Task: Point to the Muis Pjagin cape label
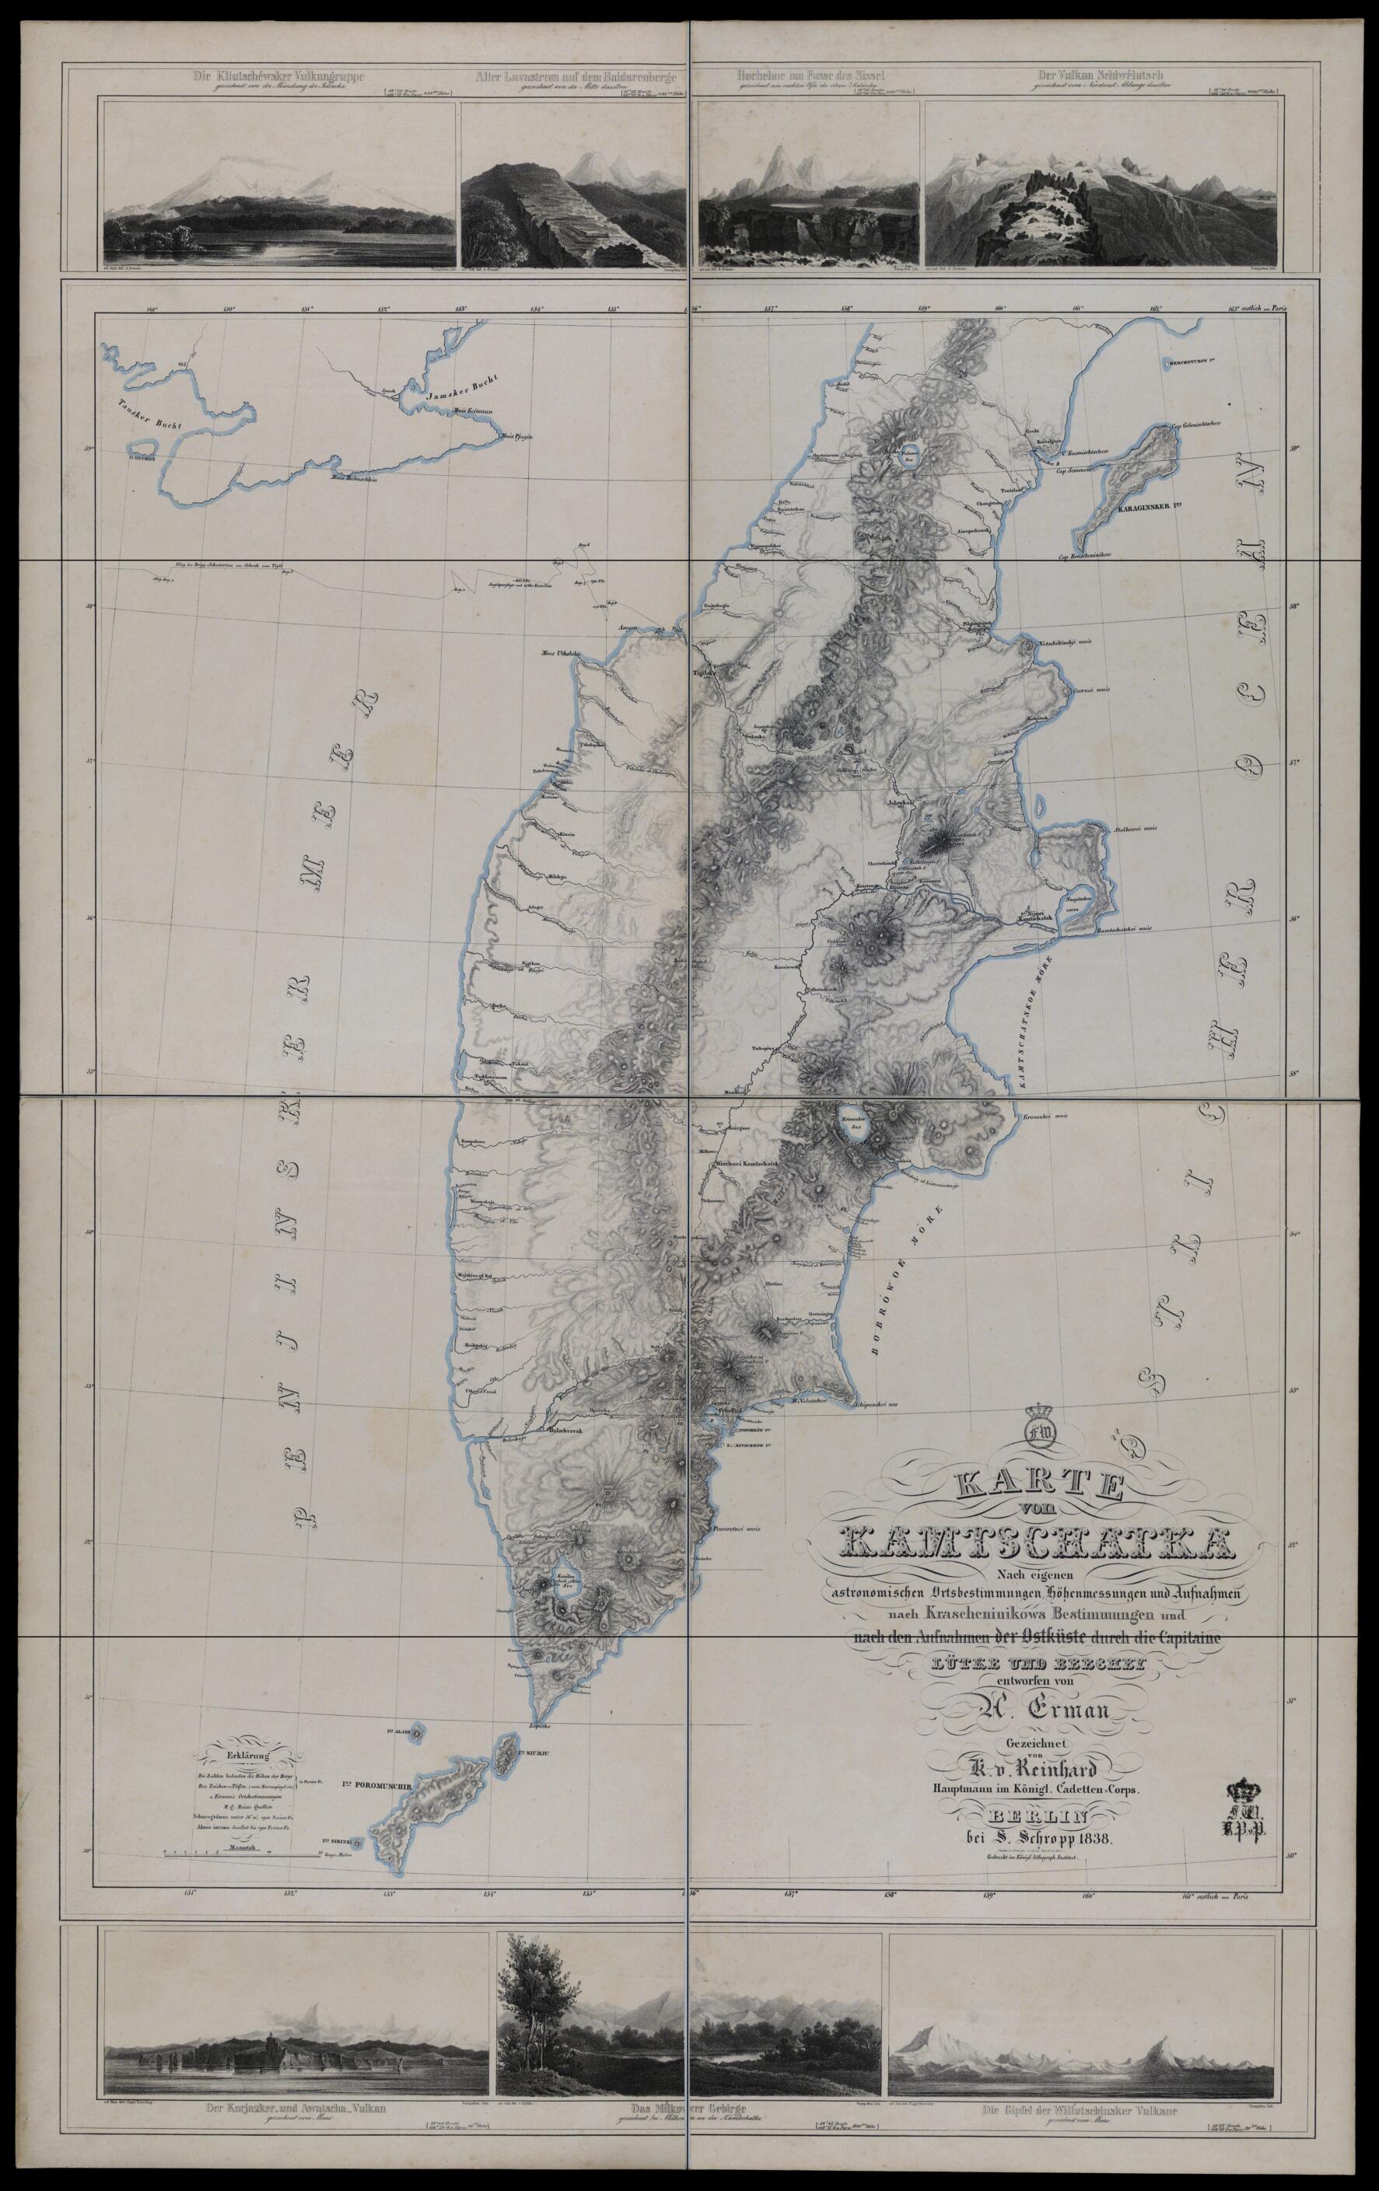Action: [x=516, y=439]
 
